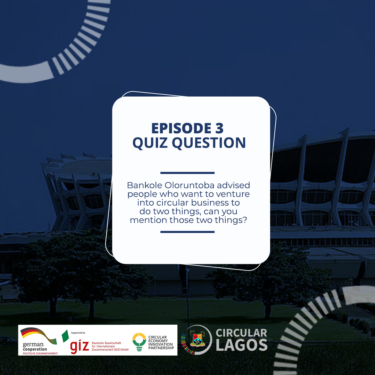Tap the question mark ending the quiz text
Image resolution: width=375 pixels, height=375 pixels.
tap(245, 220)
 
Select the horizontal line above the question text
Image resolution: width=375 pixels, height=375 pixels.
tap(187, 173)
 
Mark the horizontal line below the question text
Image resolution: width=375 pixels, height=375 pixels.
tap(187, 232)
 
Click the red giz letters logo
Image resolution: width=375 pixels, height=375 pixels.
tap(80, 346)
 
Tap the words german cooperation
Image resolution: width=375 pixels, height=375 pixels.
tap(35, 346)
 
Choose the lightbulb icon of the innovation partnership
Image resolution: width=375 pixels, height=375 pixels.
tap(139, 342)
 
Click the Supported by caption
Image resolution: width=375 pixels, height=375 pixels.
tap(78, 333)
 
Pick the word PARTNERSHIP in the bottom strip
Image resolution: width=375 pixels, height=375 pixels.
tap(161, 348)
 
